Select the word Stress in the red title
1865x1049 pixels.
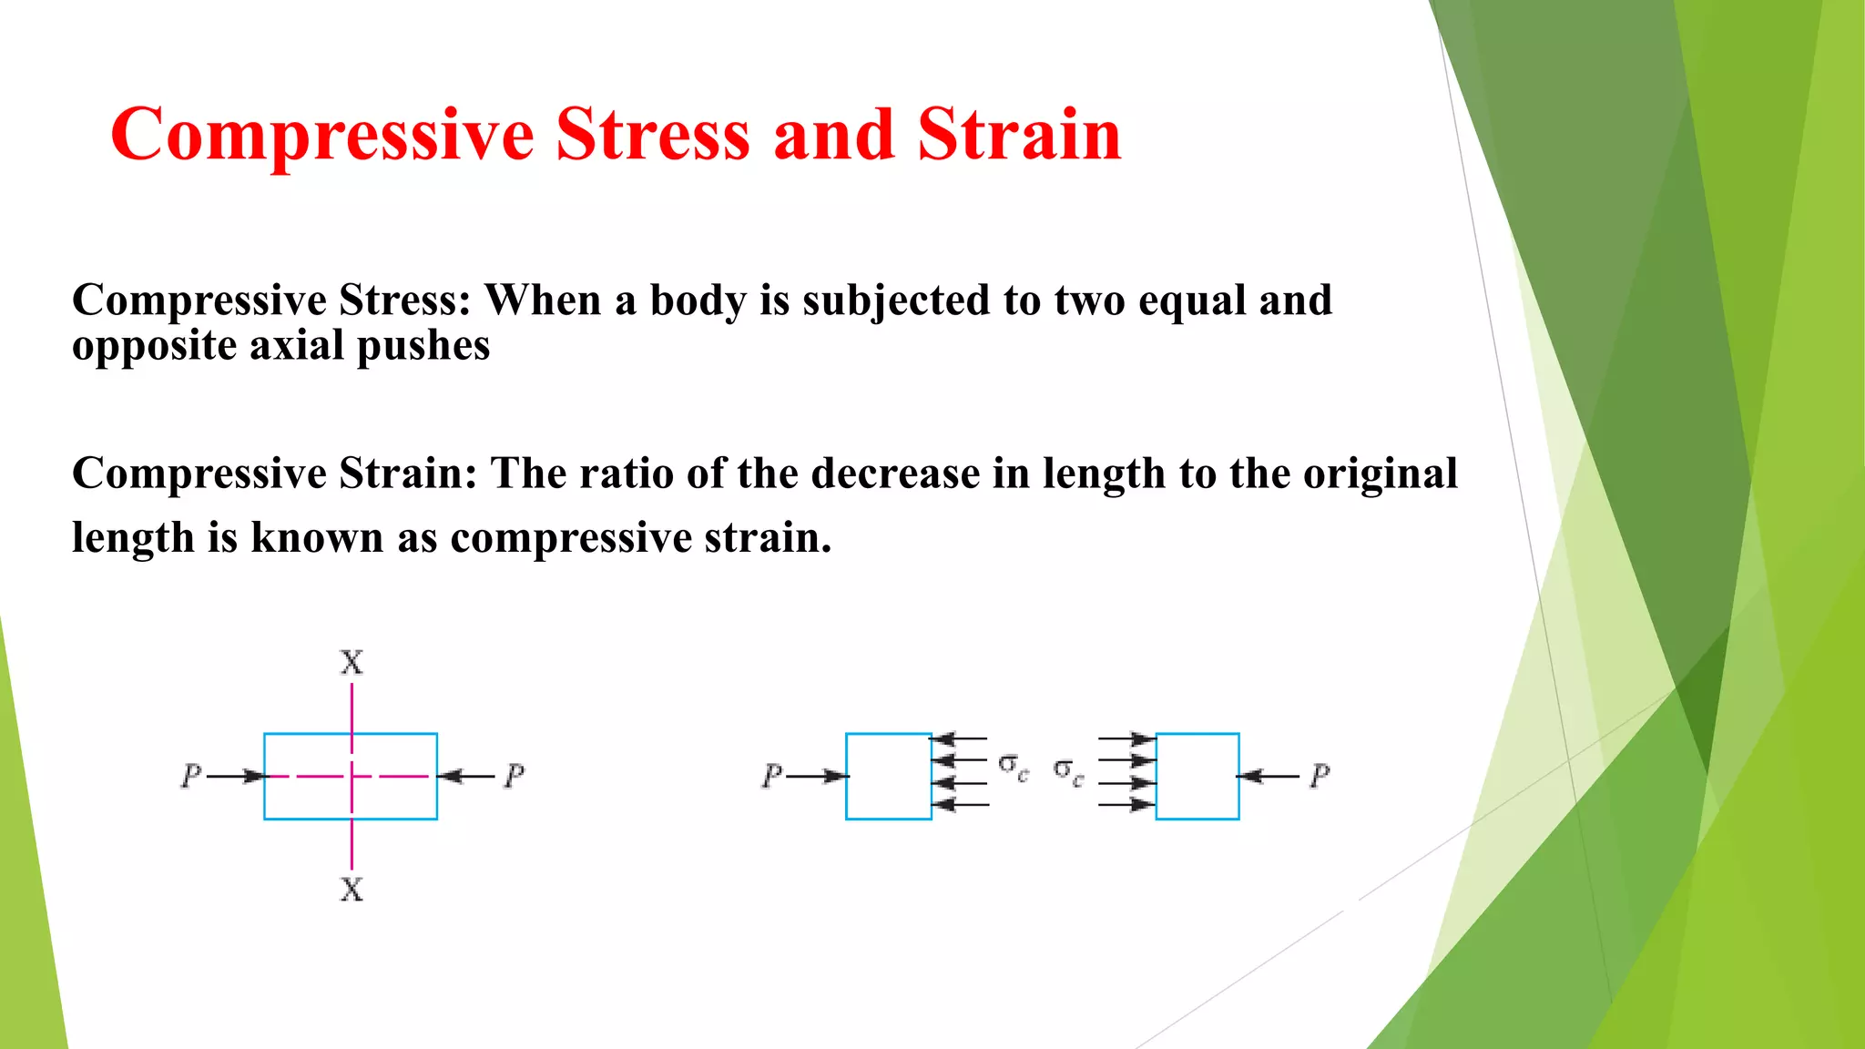[x=652, y=135]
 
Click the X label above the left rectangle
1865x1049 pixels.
[x=352, y=662]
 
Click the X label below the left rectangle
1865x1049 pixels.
[x=352, y=889]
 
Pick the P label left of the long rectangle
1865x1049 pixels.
[x=190, y=776]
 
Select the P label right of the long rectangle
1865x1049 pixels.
[x=515, y=776]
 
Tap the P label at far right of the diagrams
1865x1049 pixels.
[x=1320, y=776]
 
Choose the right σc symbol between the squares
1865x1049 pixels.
[x=1068, y=771]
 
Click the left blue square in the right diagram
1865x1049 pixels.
[x=888, y=776]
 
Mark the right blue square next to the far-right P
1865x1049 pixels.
[x=1197, y=776]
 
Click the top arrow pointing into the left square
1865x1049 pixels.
[x=959, y=738]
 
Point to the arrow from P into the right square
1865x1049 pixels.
[x=1268, y=776]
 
